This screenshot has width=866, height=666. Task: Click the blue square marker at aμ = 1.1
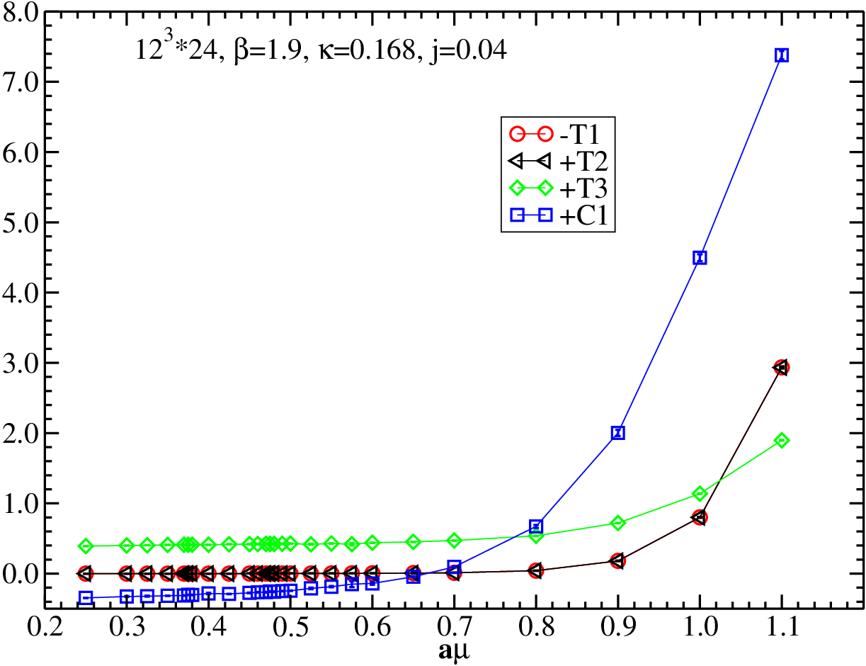[781, 55]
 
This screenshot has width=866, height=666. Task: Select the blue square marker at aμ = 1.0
[700, 257]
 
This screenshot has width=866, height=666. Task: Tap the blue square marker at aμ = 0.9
[617, 432]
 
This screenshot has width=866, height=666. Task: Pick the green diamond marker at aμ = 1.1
[781, 441]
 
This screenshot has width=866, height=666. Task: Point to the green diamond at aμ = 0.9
[617, 522]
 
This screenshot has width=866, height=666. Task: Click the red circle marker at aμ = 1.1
[782, 367]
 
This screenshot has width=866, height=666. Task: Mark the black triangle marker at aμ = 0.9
[617, 560]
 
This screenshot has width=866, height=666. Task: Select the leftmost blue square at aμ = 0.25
[86, 598]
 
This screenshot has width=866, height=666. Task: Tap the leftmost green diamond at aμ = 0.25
[86, 546]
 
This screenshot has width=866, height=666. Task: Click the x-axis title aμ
[454, 652]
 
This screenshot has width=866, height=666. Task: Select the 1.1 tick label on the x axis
[781, 627]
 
